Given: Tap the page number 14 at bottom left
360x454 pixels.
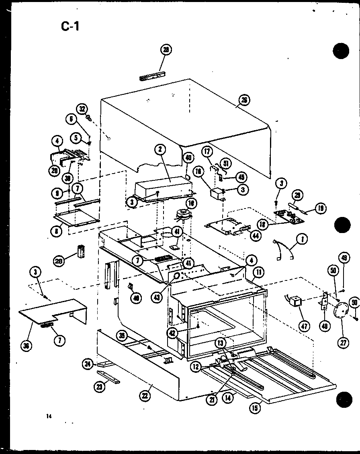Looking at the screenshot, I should (49, 416).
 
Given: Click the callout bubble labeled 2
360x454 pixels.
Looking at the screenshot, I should (160, 149).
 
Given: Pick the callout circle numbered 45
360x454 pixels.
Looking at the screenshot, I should (242, 177).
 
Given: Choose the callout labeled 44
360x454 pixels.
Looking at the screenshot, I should (254, 236).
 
